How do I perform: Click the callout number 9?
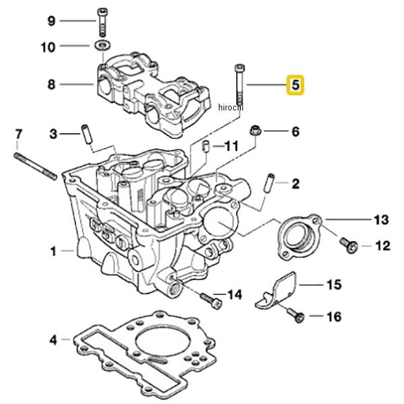(x=51, y=21)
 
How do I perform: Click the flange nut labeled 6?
(x=256, y=131)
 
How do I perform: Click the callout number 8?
(x=51, y=85)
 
